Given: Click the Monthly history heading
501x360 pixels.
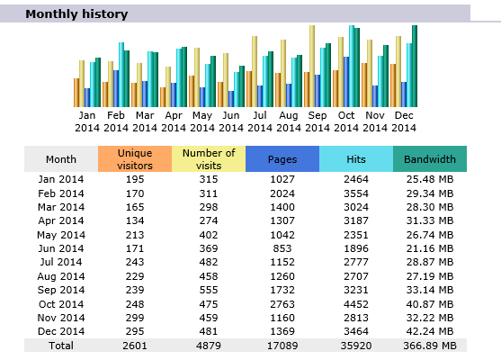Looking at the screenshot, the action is (76, 14).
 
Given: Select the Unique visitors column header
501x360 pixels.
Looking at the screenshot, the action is (135, 159).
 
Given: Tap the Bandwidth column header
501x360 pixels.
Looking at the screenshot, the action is (430, 159).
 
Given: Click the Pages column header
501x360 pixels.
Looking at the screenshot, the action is (282, 159).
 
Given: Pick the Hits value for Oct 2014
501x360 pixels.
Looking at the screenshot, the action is (356, 304).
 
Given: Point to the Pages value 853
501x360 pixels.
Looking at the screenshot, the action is (282, 248).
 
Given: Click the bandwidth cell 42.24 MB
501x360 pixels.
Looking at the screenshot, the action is (430, 331).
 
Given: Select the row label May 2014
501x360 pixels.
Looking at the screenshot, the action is (61, 235).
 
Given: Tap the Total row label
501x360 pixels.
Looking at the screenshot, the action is (61, 346).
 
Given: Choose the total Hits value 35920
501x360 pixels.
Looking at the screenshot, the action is (356, 346).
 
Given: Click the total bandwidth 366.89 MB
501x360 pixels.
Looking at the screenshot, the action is (430, 346).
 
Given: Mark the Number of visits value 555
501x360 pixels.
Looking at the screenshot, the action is (209, 290).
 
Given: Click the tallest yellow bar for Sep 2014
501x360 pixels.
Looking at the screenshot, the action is (312, 67).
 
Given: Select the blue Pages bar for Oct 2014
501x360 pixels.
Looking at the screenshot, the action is (346, 82).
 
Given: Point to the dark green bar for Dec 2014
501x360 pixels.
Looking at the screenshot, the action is (415, 67).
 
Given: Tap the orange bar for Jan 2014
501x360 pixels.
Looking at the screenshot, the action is (76, 93).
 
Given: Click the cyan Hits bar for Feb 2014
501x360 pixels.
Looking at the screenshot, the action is (121, 75).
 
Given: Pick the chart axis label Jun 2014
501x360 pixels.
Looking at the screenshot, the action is (231, 121).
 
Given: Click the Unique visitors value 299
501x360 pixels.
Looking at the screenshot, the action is (135, 318).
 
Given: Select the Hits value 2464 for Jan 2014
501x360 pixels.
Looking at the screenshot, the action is (356, 179).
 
